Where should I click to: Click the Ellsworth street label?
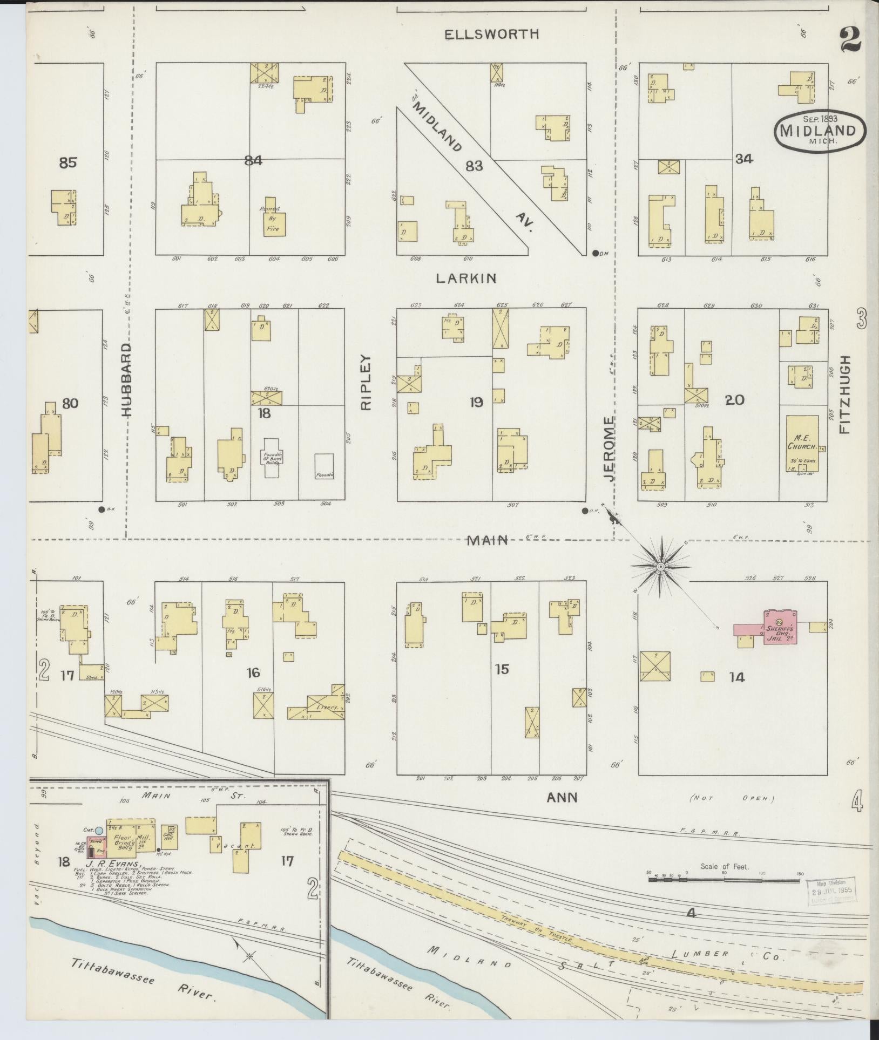(491, 35)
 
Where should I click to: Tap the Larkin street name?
(466, 278)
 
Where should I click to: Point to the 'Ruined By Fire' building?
(274, 222)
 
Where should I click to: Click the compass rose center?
(660, 566)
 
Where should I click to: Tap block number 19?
(476, 402)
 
